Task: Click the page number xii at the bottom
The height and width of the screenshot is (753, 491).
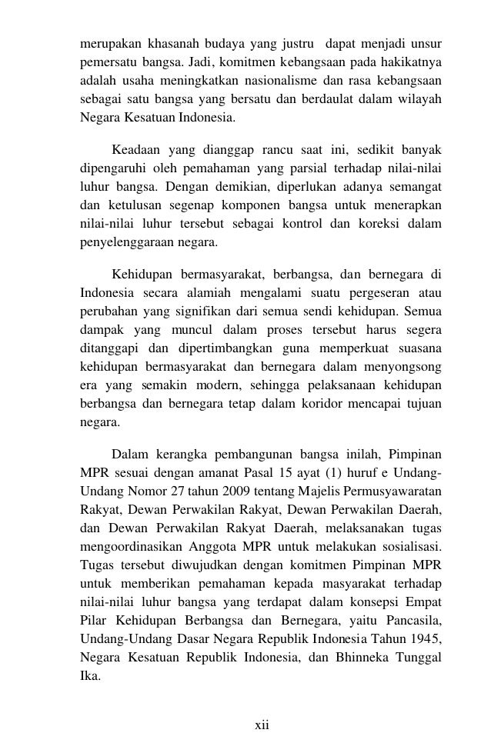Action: pyautogui.click(x=261, y=725)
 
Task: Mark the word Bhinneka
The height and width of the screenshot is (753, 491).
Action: pyautogui.click(x=349, y=658)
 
